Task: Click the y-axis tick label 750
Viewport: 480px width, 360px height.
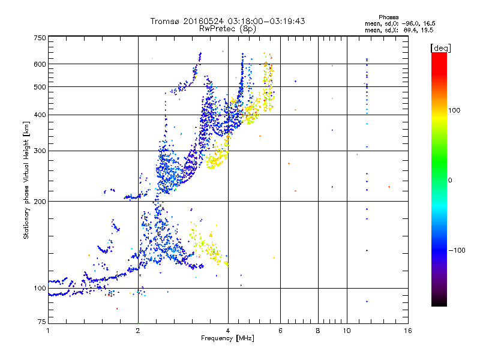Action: [40, 37]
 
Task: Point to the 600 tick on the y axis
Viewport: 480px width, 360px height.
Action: [40, 64]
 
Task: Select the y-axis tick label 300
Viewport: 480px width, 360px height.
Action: [40, 151]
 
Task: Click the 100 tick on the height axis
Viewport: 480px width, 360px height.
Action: [40, 288]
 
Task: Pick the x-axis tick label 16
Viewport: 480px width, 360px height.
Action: [407, 331]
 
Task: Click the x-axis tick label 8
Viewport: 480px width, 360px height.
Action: [318, 331]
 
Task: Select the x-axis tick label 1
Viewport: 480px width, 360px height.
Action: [48, 331]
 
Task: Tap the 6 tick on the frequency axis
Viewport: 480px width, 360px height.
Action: [281, 331]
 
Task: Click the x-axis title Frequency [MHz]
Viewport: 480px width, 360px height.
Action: [227, 339]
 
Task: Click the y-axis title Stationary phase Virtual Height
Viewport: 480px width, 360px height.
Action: [26, 180]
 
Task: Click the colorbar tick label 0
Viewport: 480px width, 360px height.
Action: [451, 180]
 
